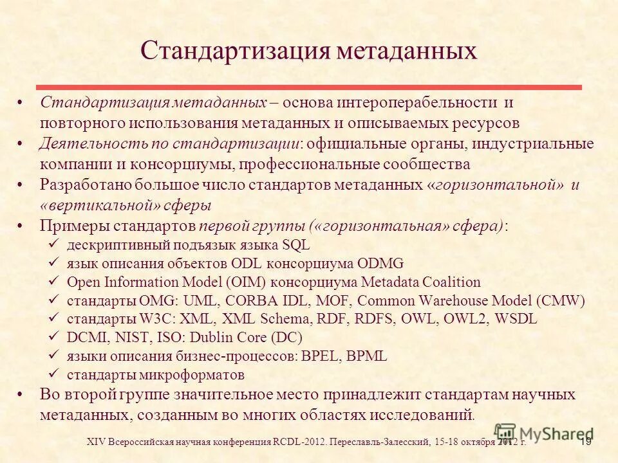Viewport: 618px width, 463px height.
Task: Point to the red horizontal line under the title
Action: click(x=309, y=87)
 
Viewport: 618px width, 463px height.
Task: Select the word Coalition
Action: click(x=454, y=282)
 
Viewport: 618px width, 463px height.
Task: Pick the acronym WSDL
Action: click(x=516, y=319)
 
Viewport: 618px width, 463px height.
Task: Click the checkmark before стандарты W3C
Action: click(x=55, y=319)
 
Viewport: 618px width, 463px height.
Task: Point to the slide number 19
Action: click(x=586, y=442)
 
